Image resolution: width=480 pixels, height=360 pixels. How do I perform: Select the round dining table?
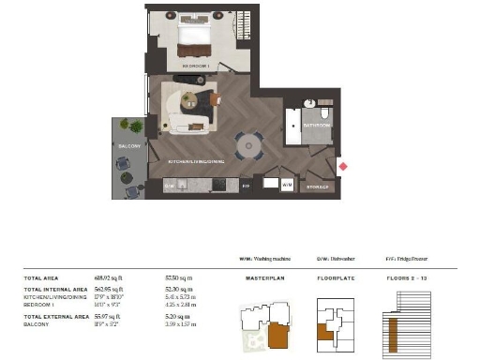(248, 145)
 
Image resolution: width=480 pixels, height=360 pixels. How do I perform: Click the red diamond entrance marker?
(342, 167)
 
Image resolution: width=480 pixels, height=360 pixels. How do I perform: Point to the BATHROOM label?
(315, 124)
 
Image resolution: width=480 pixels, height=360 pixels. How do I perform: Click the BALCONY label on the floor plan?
(128, 146)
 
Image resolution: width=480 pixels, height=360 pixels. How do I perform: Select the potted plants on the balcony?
(132, 127)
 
